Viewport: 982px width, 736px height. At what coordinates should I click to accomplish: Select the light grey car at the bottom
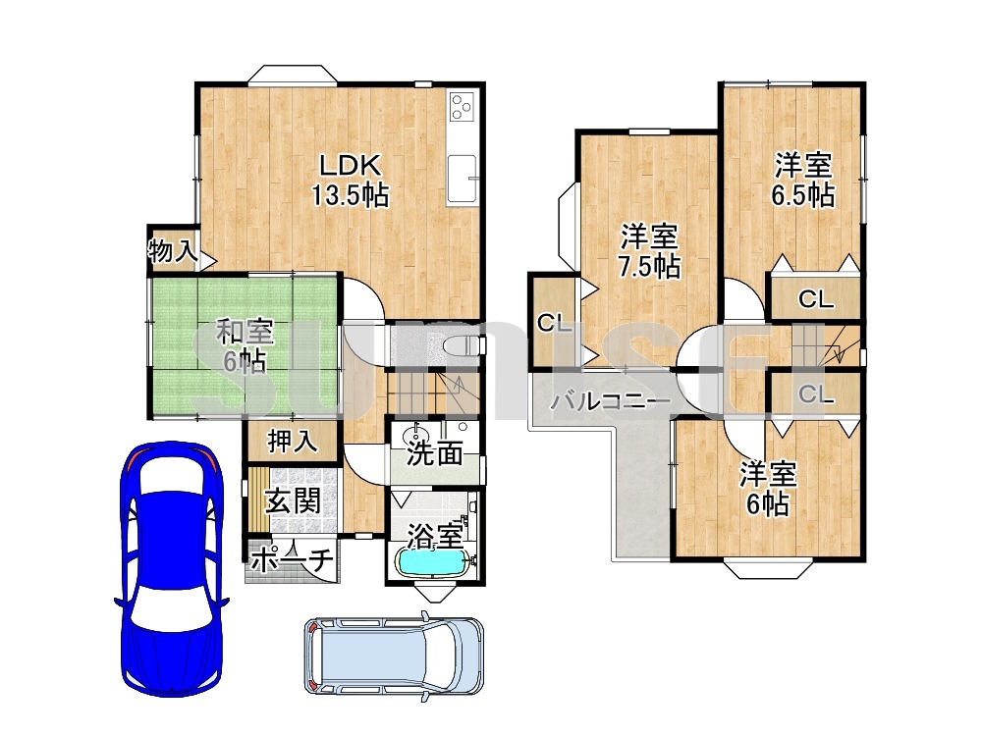point(394,657)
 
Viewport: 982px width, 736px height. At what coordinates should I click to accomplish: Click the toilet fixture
point(463,345)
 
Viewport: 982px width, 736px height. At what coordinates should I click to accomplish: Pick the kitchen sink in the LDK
point(464,179)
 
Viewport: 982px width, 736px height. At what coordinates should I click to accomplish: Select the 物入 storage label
point(173,251)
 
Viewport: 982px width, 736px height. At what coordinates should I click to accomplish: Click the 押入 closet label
point(293,442)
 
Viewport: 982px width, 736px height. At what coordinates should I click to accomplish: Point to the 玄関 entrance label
point(293,501)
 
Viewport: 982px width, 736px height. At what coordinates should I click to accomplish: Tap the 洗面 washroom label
point(435,453)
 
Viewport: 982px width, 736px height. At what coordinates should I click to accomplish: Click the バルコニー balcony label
point(602,401)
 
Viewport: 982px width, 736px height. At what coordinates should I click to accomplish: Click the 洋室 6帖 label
point(768,490)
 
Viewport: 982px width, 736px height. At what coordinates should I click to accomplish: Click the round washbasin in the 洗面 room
point(413,433)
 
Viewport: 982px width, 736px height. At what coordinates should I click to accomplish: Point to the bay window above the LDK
point(293,75)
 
